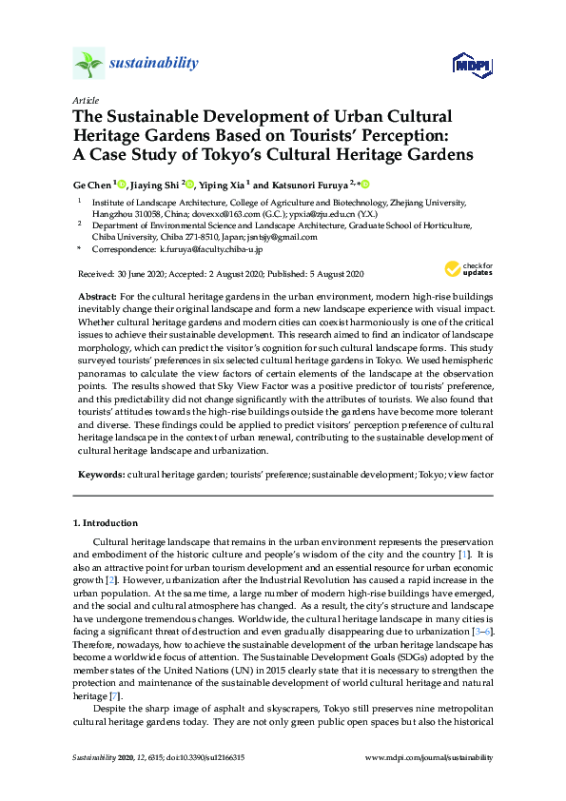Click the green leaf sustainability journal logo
[88, 64]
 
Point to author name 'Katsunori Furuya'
[315, 184]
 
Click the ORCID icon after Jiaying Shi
[189, 184]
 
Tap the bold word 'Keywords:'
[100, 473]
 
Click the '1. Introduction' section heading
[105, 523]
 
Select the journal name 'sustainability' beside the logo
[155, 64]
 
